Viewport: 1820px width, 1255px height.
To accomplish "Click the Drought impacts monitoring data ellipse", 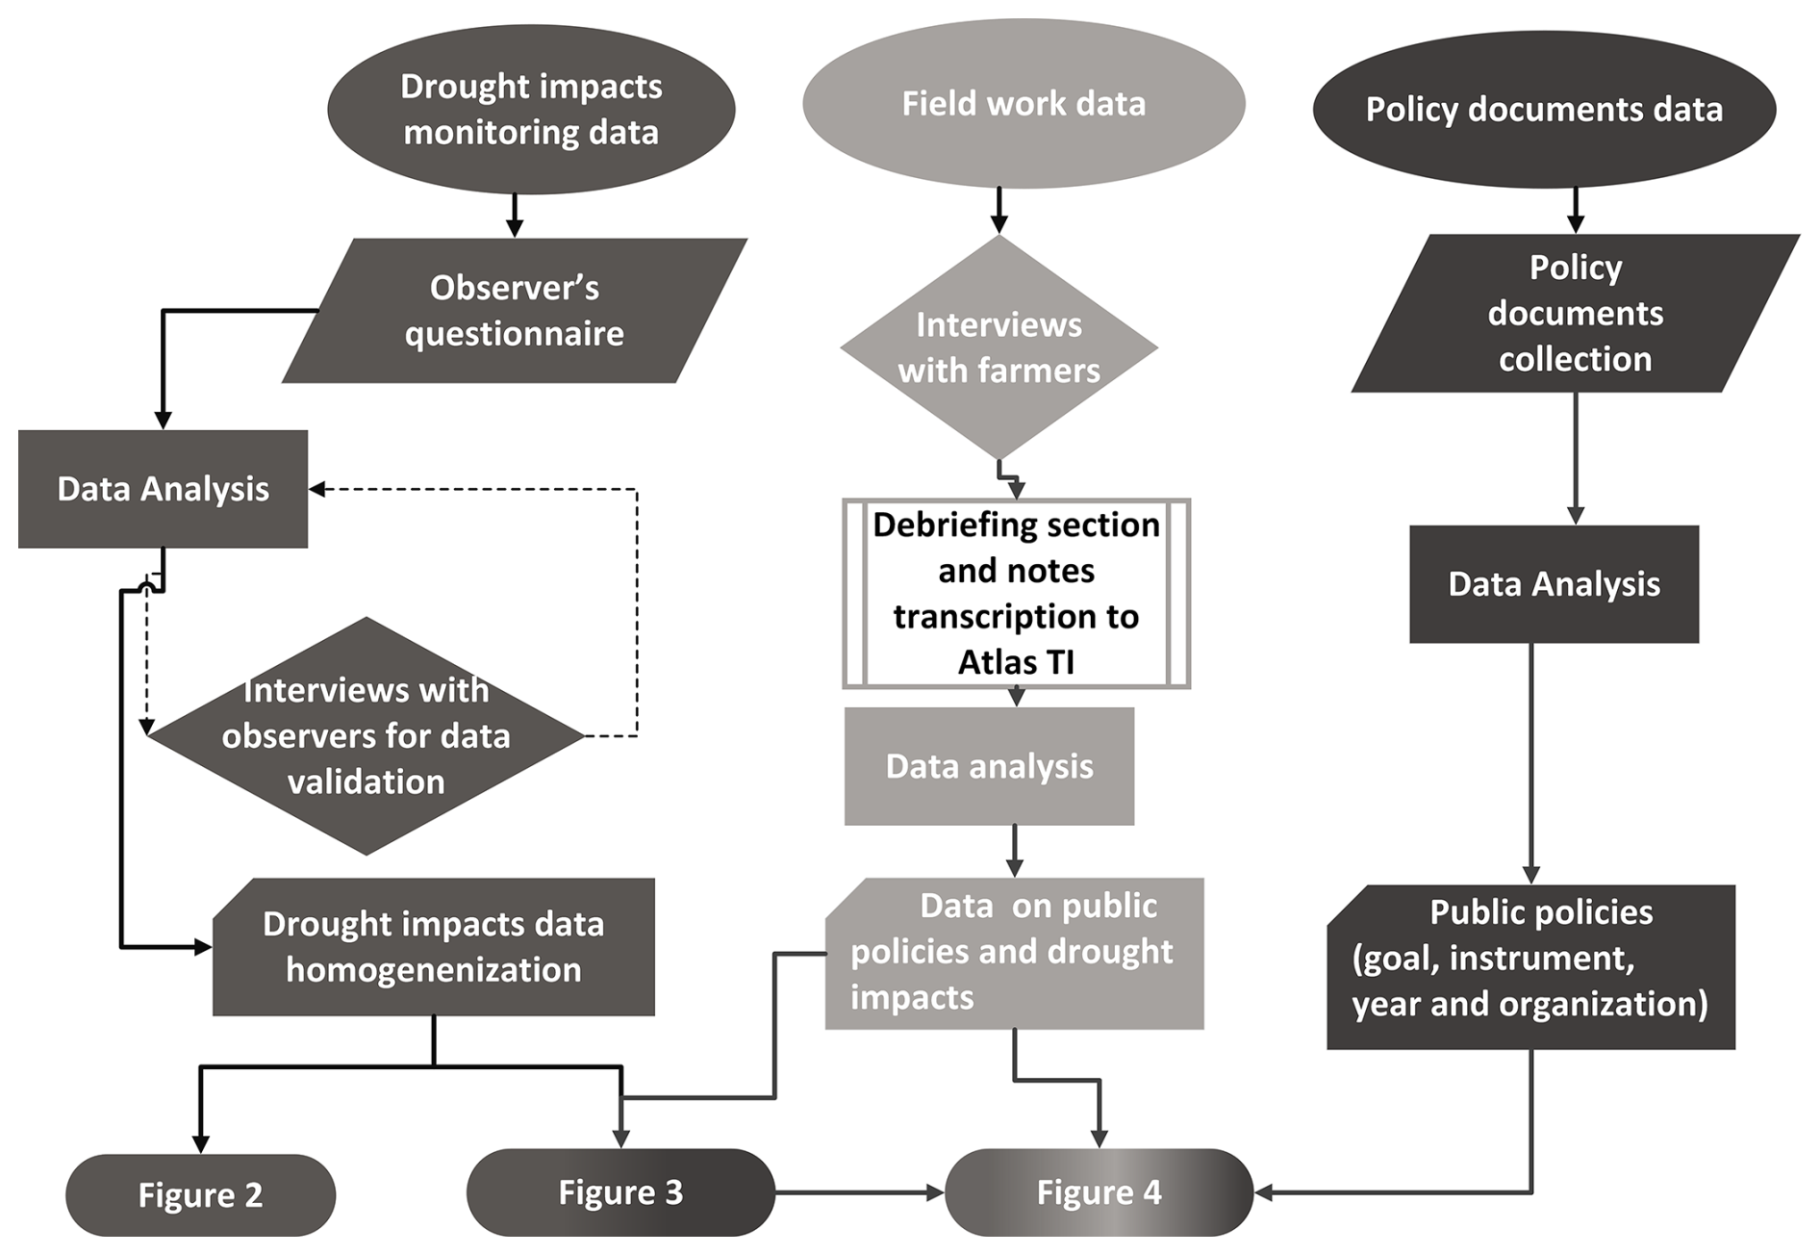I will (x=531, y=109).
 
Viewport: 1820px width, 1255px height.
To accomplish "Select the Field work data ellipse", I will (x=1024, y=103).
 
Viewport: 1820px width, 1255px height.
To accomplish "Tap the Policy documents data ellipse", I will (x=1544, y=109).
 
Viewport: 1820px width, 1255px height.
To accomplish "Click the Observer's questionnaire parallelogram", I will (x=514, y=311).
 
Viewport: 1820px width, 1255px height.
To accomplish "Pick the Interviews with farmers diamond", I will (x=998, y=347).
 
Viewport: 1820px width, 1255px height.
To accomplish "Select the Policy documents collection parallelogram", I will (x=1575, y=313).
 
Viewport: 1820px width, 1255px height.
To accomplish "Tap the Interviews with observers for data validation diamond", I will (x=366, y=736).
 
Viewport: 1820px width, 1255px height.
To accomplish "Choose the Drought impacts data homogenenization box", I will (x=433, y=947).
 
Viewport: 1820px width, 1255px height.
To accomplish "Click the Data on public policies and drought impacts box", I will (x=1014, y=953).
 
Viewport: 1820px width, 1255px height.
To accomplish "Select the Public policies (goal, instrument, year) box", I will (x=1530, y=966).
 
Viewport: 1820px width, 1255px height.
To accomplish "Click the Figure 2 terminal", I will (x=200, y=1194).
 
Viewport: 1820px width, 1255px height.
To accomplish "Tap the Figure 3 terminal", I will (x=620, y=1192).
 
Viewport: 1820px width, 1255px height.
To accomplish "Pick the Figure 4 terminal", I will (x=1099, y=1192).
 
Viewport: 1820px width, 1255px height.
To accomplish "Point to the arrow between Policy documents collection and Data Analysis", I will (x=1576, y=457).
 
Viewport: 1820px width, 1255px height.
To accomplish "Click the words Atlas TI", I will (x=1016, y=662).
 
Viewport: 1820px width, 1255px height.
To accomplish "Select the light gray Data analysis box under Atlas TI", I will (x=989, y=766).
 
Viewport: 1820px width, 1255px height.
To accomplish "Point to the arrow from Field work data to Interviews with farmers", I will (x=998, y=211).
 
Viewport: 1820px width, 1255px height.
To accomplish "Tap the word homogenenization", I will (x=433, y=970).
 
